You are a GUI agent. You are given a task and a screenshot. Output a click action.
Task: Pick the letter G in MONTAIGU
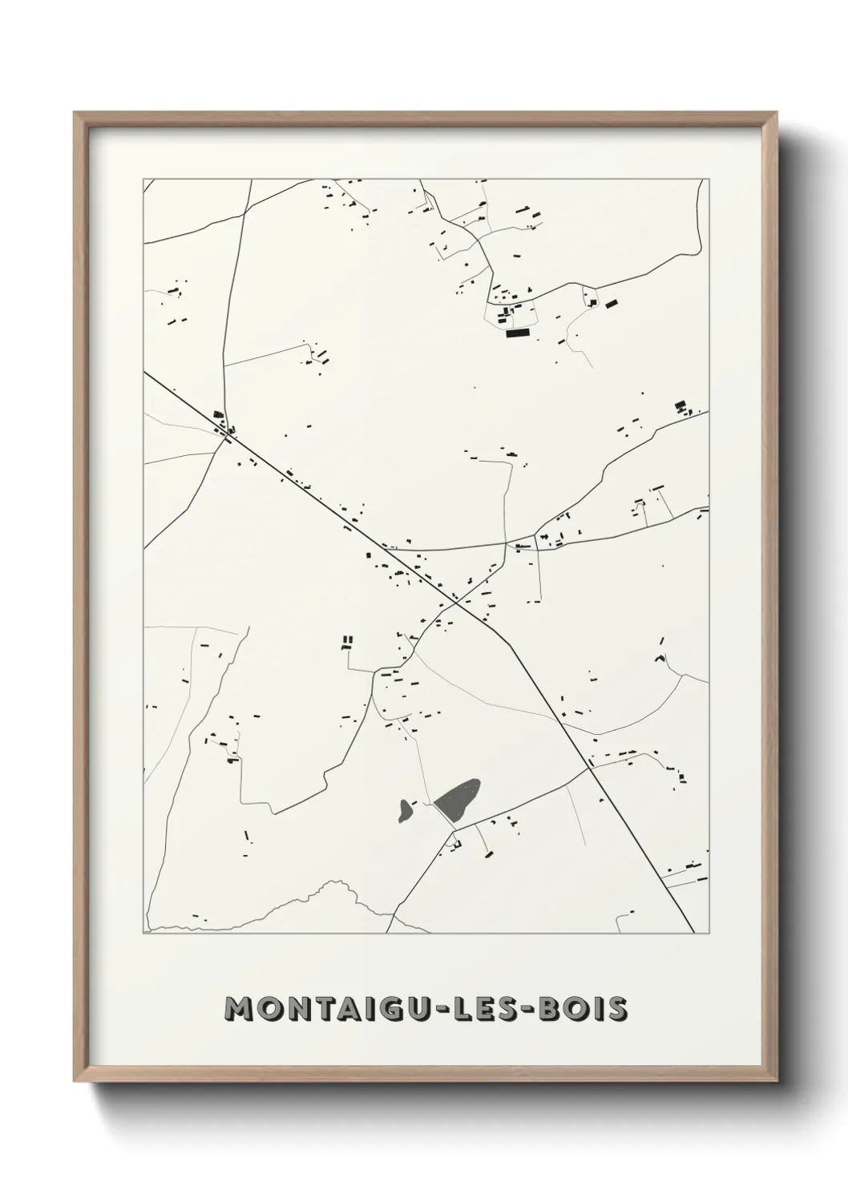pyautogui.click(x=409, y=1009)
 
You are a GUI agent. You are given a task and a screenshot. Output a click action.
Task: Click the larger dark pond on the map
pyautogui.click(x=458, y=800)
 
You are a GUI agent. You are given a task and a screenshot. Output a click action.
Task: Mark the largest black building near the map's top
pyautogui.click(x=519, y=332)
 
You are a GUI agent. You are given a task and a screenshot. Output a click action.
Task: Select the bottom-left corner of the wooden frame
pyautogui.click(x=76, y=1079)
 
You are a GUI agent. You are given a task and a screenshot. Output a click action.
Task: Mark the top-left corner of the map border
pyautogui.click(x=143, y=180)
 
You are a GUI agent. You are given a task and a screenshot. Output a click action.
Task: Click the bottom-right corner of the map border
pyautogui.click(x=709, y=934)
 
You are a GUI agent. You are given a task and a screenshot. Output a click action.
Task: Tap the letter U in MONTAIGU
pyautogui.click(x=436, y=1009)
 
